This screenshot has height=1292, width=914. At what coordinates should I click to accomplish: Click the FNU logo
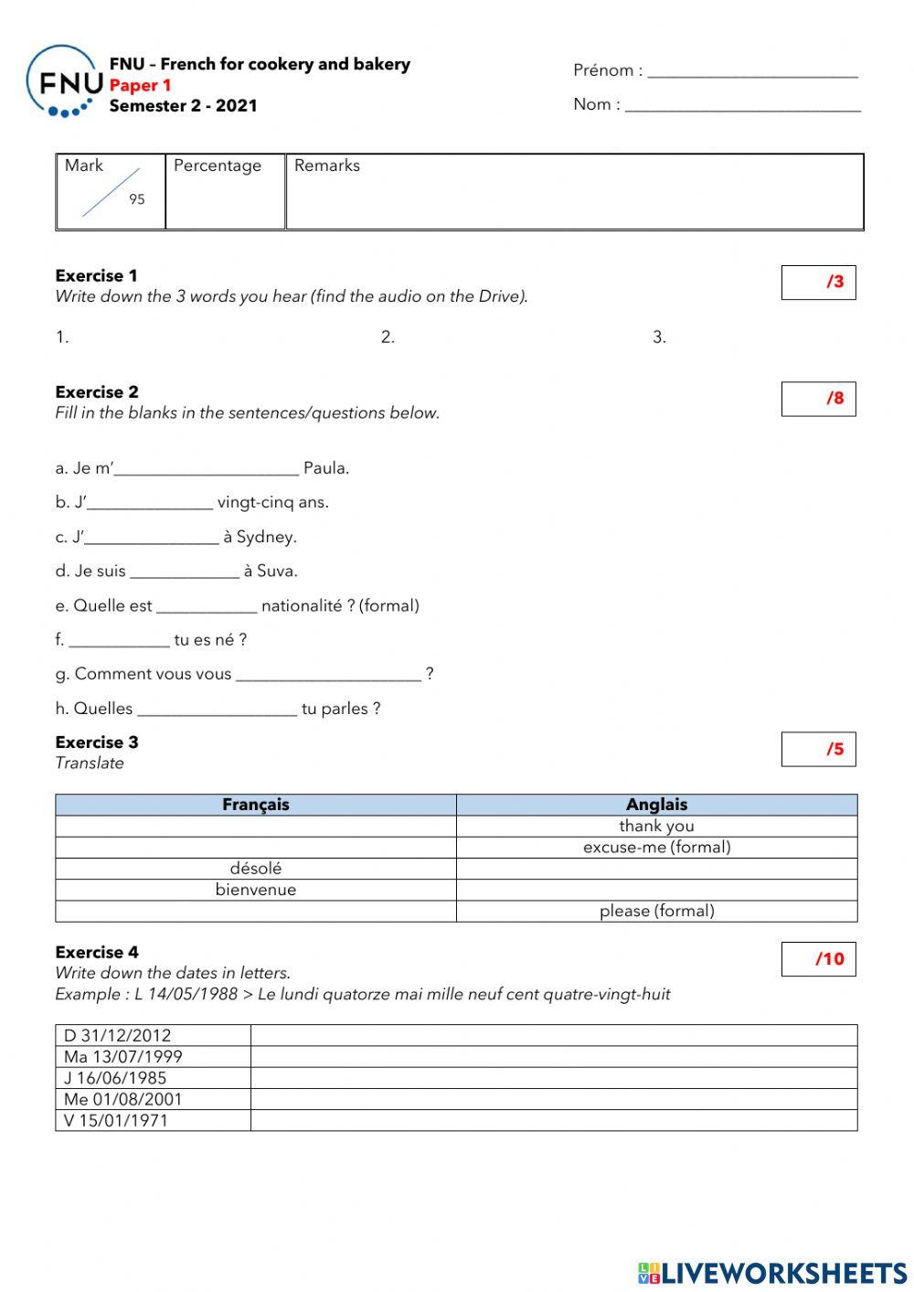[x=62, y=83]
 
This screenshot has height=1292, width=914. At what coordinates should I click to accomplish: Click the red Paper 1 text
[x=140, y=85]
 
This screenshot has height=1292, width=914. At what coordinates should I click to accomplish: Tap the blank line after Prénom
[x=752, y=72]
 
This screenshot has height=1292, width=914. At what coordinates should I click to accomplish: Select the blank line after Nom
[x=742, y=106]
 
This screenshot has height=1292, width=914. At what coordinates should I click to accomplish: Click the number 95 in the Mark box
[x=136, y=199]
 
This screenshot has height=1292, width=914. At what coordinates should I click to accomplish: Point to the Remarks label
[x=326, y=166]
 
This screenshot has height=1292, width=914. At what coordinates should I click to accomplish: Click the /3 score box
[x=818, y=283]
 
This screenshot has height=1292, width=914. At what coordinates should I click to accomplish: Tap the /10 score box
[x=818, y=959]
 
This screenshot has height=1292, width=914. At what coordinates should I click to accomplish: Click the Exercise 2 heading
[x=97, y=392]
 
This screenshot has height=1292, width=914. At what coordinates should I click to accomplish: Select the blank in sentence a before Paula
[x=207, y=469]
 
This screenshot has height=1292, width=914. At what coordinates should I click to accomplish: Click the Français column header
[x=256, y=805]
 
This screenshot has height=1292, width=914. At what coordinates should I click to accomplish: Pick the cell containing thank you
[x=656, y=826]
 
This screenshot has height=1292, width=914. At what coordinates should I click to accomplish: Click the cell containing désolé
[x=256, y=869]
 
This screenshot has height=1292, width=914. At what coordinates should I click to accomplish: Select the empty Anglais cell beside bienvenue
[x=656, y=890]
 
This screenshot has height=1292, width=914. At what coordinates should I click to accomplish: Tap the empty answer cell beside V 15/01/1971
[x=554, y=1121]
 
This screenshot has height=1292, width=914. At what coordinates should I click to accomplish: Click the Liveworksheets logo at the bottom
[x=772, y=1272]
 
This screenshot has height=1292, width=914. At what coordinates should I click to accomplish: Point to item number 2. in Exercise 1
[x=388, y=337]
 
